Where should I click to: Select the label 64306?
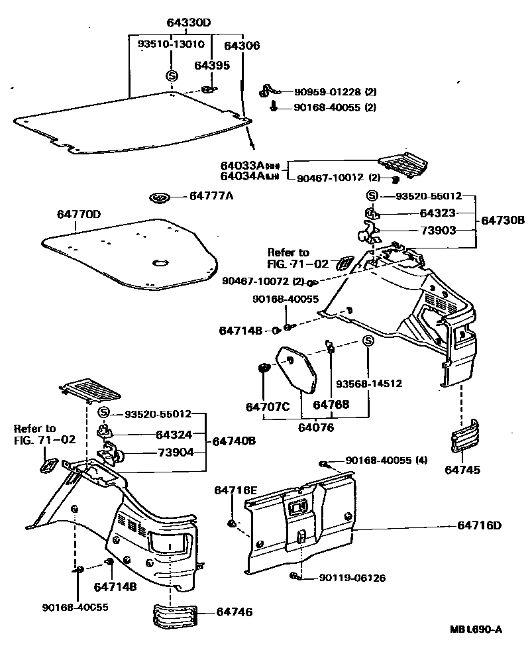pyautogui.click(x=242, y=46)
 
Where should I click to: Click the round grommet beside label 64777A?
pyautogui.click(x=161, y=197)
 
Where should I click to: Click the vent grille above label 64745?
pyautogui.click(x=463, y=437)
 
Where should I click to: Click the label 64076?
pyautogui.click(x=315, y=428)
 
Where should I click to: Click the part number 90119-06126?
pyautogui.click(x=352, y=578)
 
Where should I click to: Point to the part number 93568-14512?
pyautogui.click(x=368, y=384)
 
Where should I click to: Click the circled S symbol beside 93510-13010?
pyautogui.click(x=171, y=76)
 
